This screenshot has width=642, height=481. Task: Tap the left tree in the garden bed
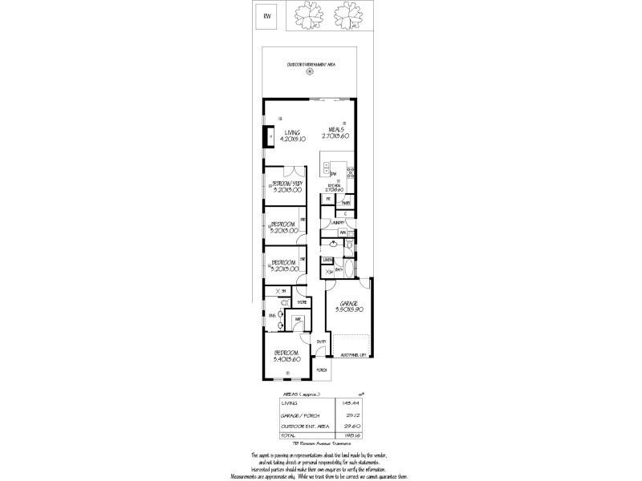pos(309,14)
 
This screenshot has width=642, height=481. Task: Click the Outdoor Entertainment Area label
pos(311,64)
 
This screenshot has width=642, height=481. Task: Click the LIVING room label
pos(292,131)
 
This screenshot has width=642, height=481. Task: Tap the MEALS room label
pos(336,128)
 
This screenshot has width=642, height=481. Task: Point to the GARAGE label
pos(348,304)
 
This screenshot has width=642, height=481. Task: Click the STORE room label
pos(301,302)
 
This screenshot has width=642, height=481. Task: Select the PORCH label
pos(321,370)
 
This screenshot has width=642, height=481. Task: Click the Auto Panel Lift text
pos(353,354)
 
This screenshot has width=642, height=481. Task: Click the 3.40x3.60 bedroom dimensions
pos(286,360)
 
